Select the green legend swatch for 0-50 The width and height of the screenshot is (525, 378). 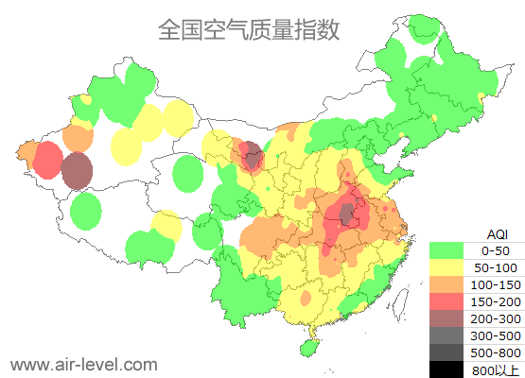tap(448, 250)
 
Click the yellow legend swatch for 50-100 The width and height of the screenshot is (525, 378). tap(448, 267)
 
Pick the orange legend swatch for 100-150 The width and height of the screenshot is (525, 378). tap(448, 284)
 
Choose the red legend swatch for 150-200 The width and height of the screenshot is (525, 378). tap(448, 301)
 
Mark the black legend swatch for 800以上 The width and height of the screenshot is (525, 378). tap(448, 369)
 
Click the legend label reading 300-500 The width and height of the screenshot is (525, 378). tap(496, 335)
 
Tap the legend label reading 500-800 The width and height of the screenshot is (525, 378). tap(496, 352)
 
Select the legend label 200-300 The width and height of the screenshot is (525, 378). tap(496, 318)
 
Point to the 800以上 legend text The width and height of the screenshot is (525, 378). tap(496, 369)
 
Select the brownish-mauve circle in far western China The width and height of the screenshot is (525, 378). tap(77, 171)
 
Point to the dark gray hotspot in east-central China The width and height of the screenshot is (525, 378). tap(347, 214)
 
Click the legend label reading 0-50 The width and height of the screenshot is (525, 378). tap(496, 250)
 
